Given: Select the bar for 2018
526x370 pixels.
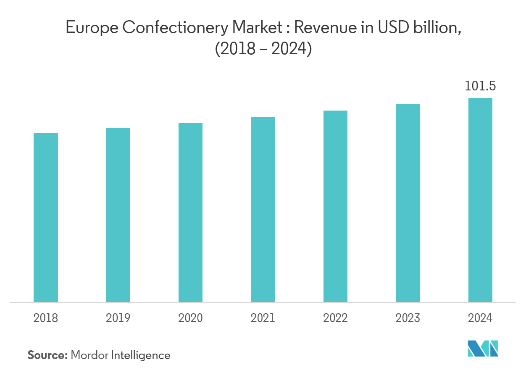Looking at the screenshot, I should pyautogui.click(x=46, y=217).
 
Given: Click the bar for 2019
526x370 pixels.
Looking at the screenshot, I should pyautogui.click(x=118, y=215).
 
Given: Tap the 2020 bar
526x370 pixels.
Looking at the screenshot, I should pyautogui.click(x=190, y=212).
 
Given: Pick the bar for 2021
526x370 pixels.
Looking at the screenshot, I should pyautogui.click(x=263, y=209).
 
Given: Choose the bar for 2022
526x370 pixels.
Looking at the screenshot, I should pyautogui.click(x=335, y=206).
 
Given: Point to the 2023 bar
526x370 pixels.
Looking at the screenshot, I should pyautogui.click(x=408, y=203).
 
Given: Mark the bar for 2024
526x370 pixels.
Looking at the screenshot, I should pyautogui.click(x=480, y=200).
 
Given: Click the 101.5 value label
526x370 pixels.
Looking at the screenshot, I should pyautogui.click(x=480, y=87).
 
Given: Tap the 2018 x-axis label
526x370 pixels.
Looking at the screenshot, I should pyautogui.click(x=46, y=318).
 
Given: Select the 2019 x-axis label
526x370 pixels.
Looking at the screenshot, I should pyautogui.click(x=118, y=318).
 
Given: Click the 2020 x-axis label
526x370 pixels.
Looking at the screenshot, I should pyautogui.click(x=190, y=318).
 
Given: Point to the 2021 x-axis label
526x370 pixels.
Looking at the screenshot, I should pyautogui.click(x=263, y=318).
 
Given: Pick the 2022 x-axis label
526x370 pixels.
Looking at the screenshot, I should pyautogui.click(x=335, y=318).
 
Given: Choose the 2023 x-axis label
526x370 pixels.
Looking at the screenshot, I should pyautogui.click(x=408, y=318).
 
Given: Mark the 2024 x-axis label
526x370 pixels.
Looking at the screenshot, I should pyautogui.click(x=480, y=318).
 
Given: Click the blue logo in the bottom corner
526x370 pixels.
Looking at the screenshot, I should pyautogui.click(x=483, y=349).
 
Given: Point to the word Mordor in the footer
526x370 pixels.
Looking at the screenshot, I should pyautogui.click(x=89, y=355).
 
